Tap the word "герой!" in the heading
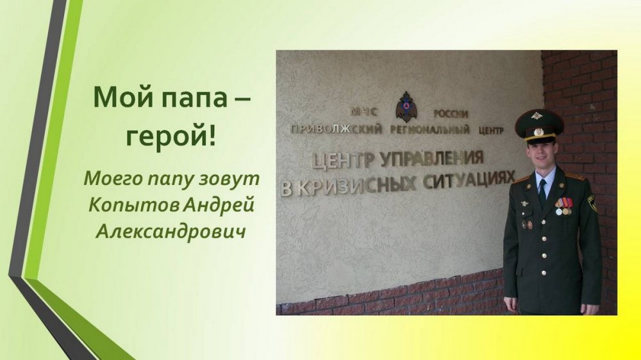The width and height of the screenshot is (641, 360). (171, 137)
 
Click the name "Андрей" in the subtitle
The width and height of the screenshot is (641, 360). (219, 206)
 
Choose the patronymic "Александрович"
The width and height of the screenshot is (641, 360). (171, 232)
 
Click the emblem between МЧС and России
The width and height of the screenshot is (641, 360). (406, 106)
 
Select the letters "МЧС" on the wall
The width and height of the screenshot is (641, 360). (363, 112)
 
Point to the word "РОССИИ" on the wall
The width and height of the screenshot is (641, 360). (451, 114)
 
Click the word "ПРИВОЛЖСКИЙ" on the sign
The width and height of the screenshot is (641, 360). (336, 129)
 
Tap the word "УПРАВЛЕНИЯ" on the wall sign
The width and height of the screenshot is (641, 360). (432, 159)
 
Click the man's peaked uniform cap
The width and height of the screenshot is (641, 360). (539, 125)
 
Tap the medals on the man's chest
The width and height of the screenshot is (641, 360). (564, 206)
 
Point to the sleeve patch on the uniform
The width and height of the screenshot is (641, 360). (592, 203)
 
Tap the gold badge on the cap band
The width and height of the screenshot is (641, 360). (538, 132)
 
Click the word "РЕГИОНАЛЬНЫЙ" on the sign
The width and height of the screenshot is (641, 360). (430, 130)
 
